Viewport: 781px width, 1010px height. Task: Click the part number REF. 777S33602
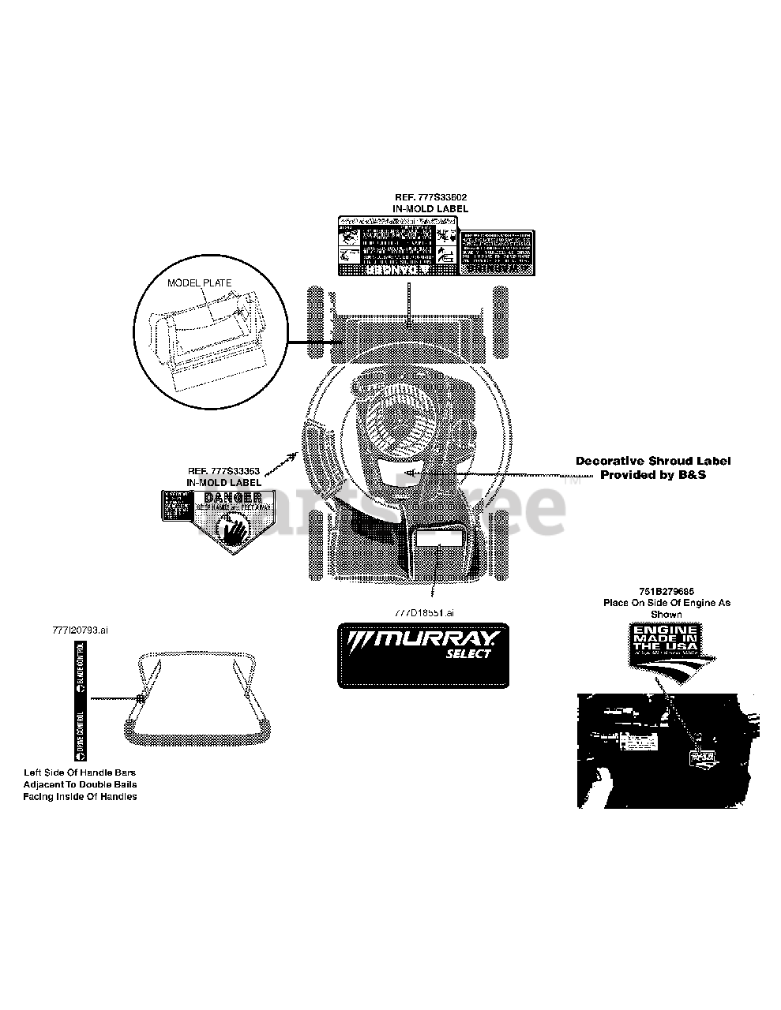pyautogui.click(x=430, y=196)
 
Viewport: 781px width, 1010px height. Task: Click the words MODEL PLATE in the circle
pyautogui.click(x=199, y=282)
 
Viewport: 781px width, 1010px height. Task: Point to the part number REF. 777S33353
pyautogui.click(x=223, y=471)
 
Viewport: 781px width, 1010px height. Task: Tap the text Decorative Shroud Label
pyautogui.click(x=652, y=461)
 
